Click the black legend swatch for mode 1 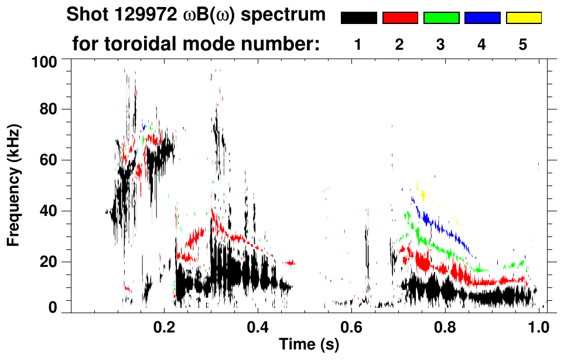click(x=358, y=18)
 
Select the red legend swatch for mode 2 click(x=400, y=18)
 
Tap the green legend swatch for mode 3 click(x=441, y=18)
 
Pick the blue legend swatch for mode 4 click(x=482, y=18)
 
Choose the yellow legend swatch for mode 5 click(x=524, y=18)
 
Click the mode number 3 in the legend click(x=440, y=44)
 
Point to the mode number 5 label click(x=523, y=44)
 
